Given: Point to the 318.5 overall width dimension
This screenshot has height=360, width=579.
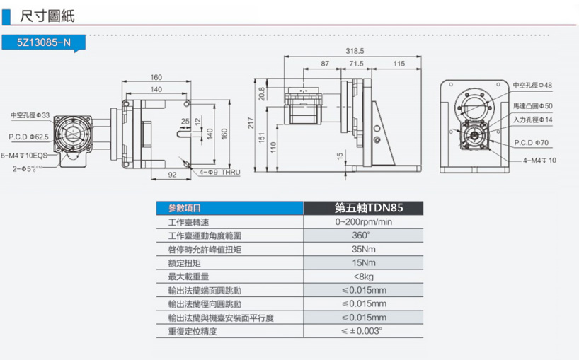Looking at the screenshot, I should coord(355,51).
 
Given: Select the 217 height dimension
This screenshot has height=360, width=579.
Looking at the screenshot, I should coord(251,124).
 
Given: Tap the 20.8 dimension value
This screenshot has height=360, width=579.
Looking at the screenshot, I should coord(262,93).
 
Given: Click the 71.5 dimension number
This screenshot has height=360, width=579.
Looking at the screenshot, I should coord(355,64).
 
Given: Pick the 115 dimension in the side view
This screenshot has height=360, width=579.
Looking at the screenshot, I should coord(399,64).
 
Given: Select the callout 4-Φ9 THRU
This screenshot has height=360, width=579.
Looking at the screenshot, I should coord(220,172).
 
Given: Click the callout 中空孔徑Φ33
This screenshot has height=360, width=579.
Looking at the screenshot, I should coord(30,115).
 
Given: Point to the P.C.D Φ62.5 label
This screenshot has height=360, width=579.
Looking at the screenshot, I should coord(28,136).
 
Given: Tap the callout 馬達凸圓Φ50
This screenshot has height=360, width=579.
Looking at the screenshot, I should coord(532,105).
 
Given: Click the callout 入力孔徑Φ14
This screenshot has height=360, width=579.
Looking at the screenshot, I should coord(532,119).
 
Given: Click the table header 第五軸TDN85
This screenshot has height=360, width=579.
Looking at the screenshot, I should coord(363,208).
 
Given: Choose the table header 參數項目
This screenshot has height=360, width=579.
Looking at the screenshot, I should coord(185,208).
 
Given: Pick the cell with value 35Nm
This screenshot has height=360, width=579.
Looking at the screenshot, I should coord(363,249).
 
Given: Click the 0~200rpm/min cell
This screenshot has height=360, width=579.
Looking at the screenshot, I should coord(363,222).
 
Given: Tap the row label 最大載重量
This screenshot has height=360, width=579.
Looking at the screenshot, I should coord(188,277).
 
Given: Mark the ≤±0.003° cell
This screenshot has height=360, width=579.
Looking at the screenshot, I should coord(363,331).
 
